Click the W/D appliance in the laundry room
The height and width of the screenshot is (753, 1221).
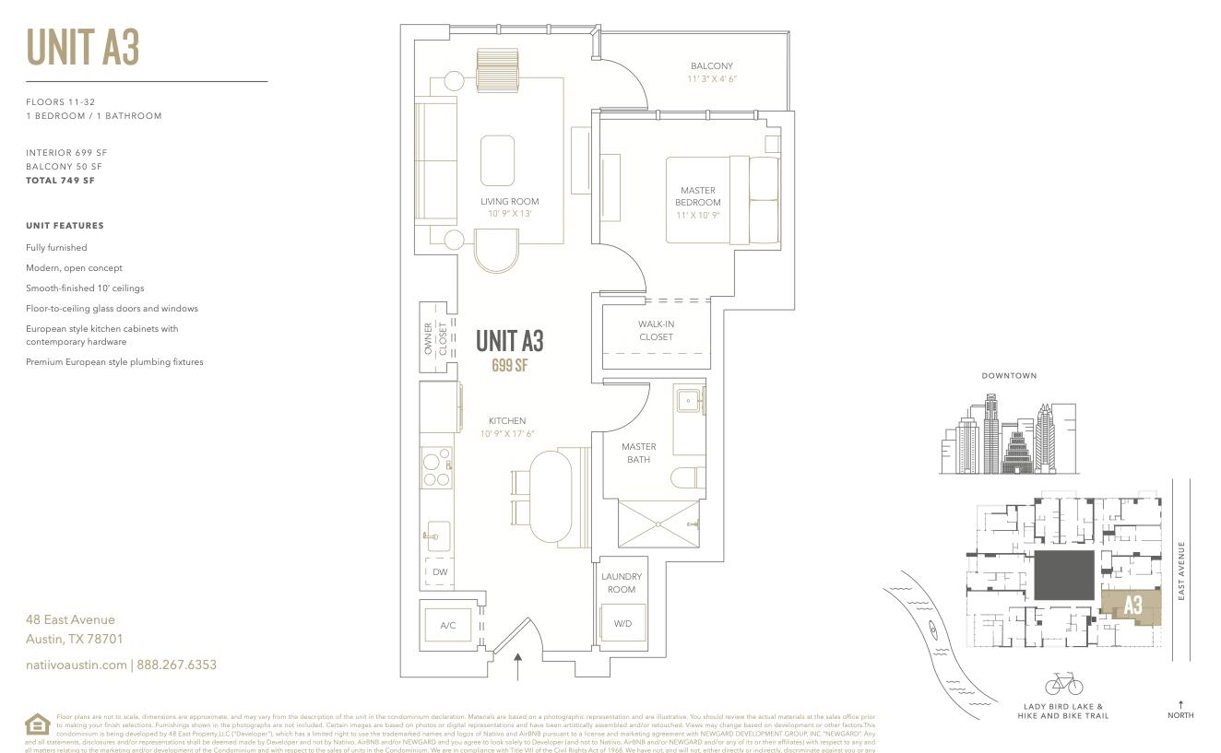coord(623,624)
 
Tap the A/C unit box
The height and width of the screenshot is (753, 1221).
coord(448,626)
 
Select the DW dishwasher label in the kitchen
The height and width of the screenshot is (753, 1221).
coord(440,572)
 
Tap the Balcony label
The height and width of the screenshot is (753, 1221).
coord(712,66)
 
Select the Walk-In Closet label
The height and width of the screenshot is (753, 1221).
coord(656,331)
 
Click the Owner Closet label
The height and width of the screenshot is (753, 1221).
coord(435,338)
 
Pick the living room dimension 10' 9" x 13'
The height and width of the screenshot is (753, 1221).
coord(510,214)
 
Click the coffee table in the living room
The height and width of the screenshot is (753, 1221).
coord(498,160)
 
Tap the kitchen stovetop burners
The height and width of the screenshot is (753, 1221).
coord(437,467)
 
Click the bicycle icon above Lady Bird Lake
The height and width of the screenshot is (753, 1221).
coord(1063,684)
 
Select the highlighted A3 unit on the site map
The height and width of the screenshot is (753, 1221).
coord(1132,605)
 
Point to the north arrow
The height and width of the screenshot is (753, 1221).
coord(1180,705)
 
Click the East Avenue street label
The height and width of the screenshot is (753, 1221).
coord(1181,571)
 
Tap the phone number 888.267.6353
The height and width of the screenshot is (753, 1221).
coord(176,665)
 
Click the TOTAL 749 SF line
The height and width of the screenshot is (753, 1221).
coord(61,181)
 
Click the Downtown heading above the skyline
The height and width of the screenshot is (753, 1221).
coord(1009,376)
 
